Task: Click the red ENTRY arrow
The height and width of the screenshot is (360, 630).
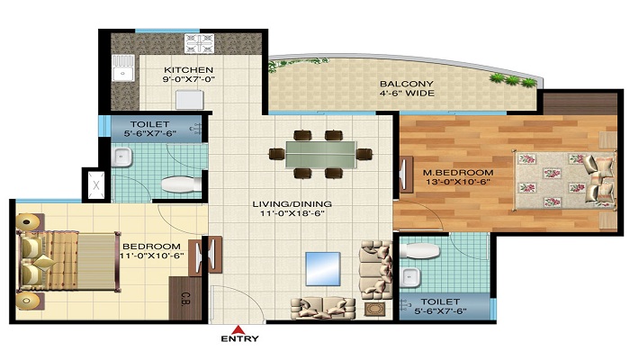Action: pyautogui.click(x=238, y=328)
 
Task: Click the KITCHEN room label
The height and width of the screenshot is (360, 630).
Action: pyautogui.click(x=189, y=70)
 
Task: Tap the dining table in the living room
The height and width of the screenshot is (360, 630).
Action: pyautogui.click(x=320, y=152)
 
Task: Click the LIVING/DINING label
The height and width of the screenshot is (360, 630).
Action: pyautogui.click(x=289, y=204)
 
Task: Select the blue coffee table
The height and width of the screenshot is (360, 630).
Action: pyautogui.click(x=321, y=267)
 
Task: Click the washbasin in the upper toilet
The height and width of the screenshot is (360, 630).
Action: pyautogui.click(x=123, y=159)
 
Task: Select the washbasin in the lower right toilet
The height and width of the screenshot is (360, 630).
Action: pyautogui.click(x=411, y=274)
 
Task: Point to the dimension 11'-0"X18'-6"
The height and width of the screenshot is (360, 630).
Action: pyautogui.click(x=289, y=217)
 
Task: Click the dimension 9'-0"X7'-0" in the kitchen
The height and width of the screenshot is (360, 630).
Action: pyautogui.click(x=189, y=82)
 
